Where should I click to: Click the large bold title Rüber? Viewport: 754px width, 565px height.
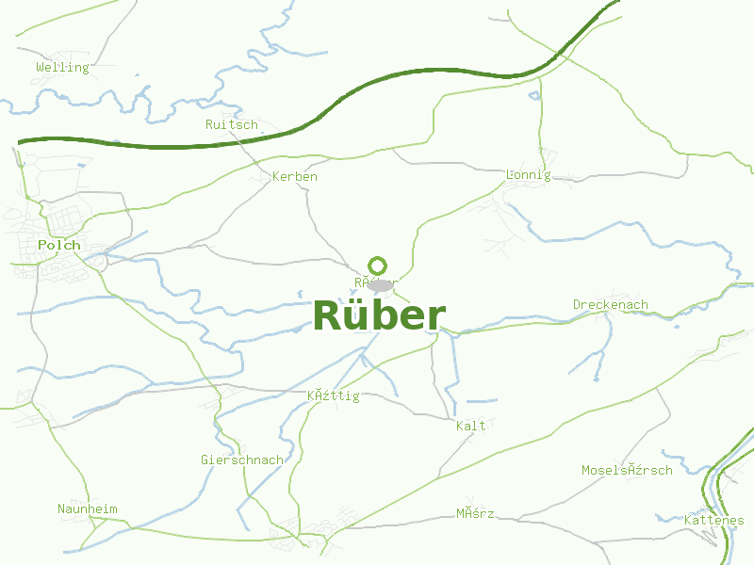(x=379, y=315)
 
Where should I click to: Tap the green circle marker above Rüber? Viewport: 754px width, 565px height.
(x=378, y=266)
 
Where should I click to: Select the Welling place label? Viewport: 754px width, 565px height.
(x=62, y=67)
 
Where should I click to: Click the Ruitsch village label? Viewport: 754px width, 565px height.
(x=232, y=124)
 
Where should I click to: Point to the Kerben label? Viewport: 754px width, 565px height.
(x=295, y=176)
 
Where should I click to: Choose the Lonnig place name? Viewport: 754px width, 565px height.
(x=528, y=174)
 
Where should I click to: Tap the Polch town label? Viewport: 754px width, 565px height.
(x=59, y=245)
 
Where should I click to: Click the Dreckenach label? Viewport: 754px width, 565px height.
(x=611, y=304)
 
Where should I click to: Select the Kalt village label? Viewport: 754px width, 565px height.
(x=470, y=426)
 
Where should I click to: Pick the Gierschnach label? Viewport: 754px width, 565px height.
(x=242, y=460)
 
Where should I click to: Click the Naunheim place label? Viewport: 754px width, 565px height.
(x=88, y=508)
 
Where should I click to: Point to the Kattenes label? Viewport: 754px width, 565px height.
(x=714, y=520)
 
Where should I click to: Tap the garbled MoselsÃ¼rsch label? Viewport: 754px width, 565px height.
(x=627, y=470)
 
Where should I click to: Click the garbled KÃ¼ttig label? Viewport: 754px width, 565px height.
(x=334, y=395)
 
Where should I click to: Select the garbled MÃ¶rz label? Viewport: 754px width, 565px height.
(x=475, y=513)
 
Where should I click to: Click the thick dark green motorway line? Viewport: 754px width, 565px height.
(x=283, y=137)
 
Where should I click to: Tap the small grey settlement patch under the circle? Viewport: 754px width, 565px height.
(x=380, y=285)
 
